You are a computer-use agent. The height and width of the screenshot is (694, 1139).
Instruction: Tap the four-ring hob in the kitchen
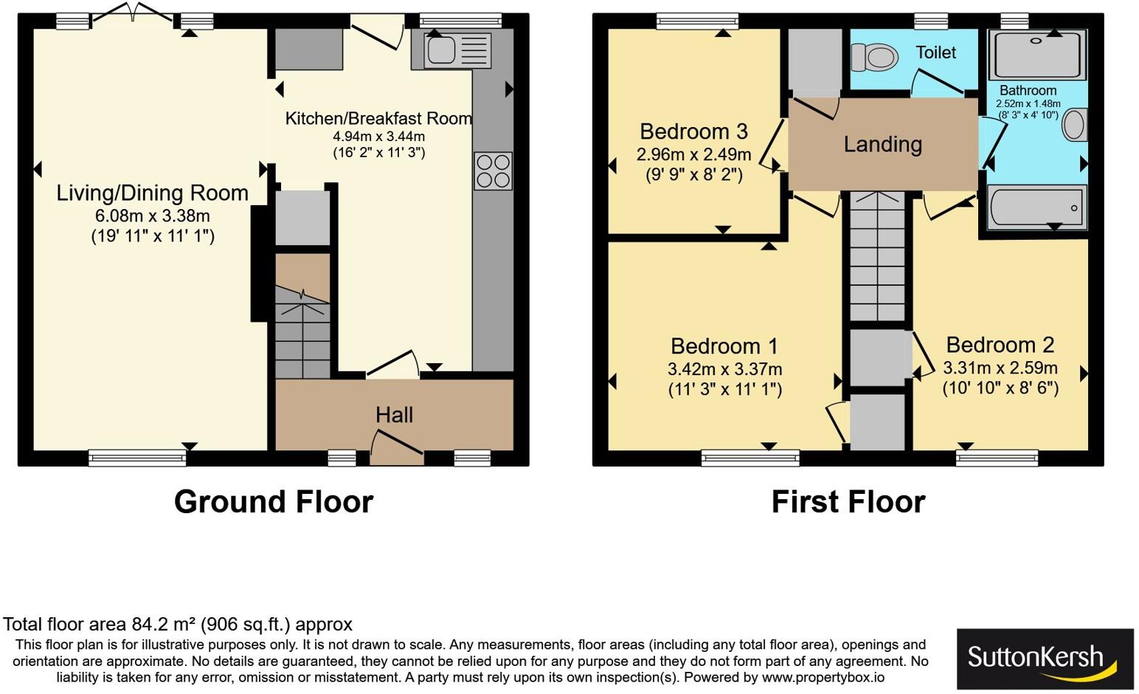pyautogui.click(x=493, y=171)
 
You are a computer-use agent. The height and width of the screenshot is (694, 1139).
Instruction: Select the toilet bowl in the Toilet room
pyautogui.click(x=874, y=56)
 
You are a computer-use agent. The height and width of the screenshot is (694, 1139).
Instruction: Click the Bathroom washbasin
pyautogui.click(x=1074, y=125)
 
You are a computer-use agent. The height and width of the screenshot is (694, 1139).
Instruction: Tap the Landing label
pyautogui.click(x=882, y=144)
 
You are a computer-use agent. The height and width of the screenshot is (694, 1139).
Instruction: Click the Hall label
pyautogui.click(x=394, y=415)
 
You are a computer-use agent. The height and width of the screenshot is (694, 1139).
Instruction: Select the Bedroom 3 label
pyautogui.click(x=693, y=131)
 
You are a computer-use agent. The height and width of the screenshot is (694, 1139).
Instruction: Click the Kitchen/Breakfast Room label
pyautogui.click(x=378, y=118)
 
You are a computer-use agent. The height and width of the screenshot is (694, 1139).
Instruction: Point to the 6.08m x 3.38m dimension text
pyautogui.click(x=153, y=216)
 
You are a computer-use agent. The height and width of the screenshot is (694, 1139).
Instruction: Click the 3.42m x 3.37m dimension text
pyautogui.click(x=724, y=369)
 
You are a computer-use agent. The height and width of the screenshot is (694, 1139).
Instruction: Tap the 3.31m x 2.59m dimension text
pyautogui.click(x=1000, y=368)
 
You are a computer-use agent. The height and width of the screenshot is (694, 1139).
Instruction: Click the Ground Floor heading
pyautogui.click(x=274, y=502)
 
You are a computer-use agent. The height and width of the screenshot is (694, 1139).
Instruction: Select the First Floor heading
pyautogui.click(x=848, y=502)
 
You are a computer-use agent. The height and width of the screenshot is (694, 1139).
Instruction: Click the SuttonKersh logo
pyautogui.click(x=1045, y=659)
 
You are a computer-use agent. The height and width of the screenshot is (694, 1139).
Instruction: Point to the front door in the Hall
pyautogui.click(x=397, y=451)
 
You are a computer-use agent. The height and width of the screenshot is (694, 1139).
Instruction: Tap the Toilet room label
pyautogui.click(x=935, y=52)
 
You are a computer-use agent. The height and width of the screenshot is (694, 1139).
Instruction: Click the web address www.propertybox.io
pyautogui.click(x=823, y=677)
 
